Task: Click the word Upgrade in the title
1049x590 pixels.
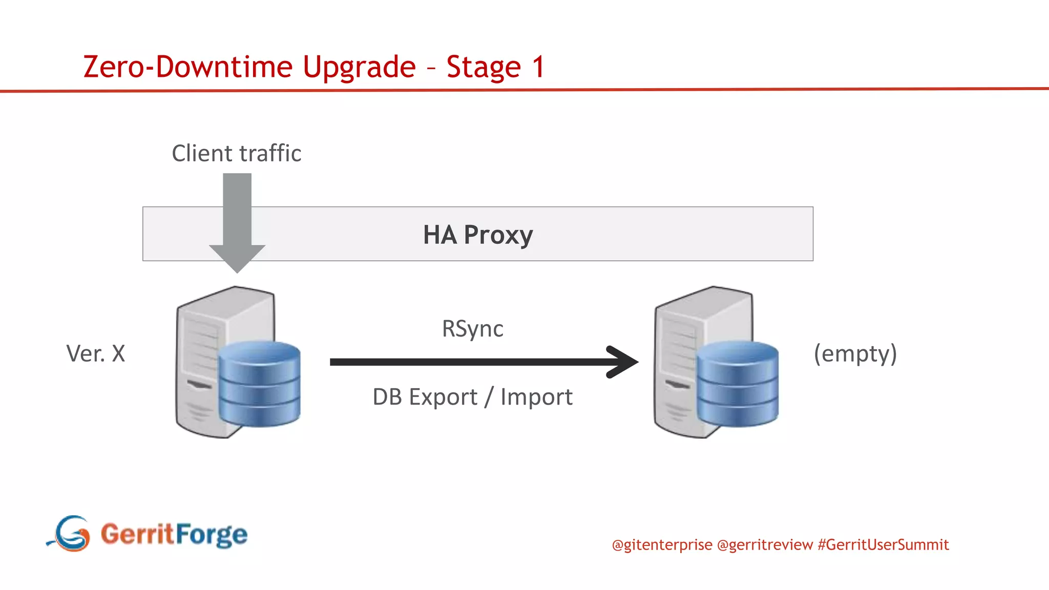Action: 359,68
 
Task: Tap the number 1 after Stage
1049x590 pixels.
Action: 538,67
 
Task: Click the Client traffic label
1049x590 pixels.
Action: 236,154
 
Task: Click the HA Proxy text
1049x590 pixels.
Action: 477,235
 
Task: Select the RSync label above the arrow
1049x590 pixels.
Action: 472,329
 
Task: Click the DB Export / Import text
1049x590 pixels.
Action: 472,397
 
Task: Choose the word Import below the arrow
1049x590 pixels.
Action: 536,397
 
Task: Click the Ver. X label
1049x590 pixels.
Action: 96,353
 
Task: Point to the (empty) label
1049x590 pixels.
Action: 855,353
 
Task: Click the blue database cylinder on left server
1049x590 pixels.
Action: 259,384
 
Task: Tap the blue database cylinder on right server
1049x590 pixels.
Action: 737,384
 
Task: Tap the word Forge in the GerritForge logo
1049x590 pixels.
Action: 211,535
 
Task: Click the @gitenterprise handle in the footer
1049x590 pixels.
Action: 662,545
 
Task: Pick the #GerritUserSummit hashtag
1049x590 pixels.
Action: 883,545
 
